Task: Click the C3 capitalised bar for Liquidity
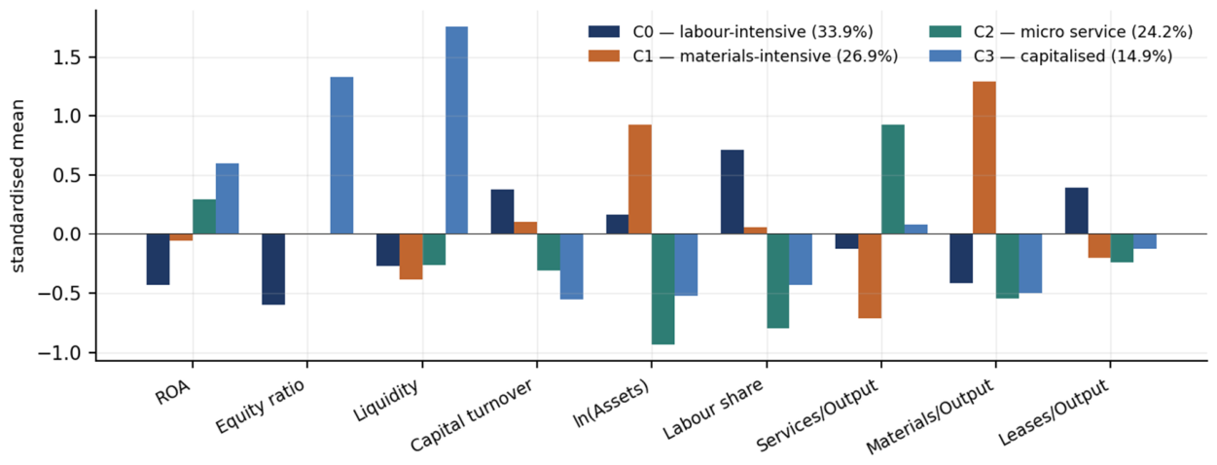click(x=456, y=130)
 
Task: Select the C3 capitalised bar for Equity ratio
click(x=341, y=156)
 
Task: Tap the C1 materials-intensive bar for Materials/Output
click(x=984, y=158)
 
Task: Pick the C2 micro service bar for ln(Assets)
click(x=662, y=289)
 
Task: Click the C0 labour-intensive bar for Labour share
click(x=732, y=192)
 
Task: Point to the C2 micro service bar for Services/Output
click(x=893, y=179)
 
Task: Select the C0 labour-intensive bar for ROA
click(x=159, y=259)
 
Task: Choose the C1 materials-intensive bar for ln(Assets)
click(x=640, y=179)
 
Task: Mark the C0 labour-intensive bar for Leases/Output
click(x=1076, y=211)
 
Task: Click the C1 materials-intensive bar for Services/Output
click(x=870, y=276)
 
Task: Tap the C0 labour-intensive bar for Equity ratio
click(x=273, y=269)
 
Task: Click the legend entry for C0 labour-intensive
click(x=731, y=32)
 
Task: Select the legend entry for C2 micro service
click(x=1060, y=32)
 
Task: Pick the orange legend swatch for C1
click(x=603, y=56)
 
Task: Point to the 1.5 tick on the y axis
click(x=92, y=57)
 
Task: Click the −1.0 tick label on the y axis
click(x=59, y=353)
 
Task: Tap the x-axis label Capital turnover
click(x=472, y=415)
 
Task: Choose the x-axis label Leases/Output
click(x=1054, y=412)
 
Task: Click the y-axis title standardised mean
click(x=18, y=186)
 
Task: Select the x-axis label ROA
click(x=173, y=392)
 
